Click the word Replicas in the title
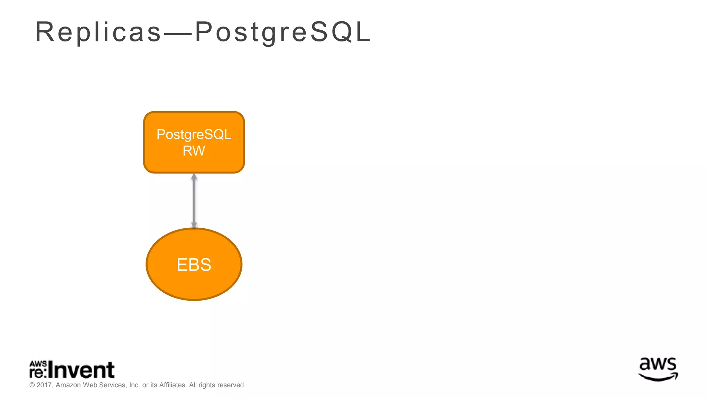coord(98,32)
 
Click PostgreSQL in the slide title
coord(283,32)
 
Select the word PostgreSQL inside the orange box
coord(194,134)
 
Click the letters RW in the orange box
coord(194,151)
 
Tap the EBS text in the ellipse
coord(194,265)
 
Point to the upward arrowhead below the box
coord(194,177)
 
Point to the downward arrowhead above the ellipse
coord(194,225)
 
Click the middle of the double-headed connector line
coord(194,201)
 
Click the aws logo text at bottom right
coord(658,365)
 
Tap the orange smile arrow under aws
coord(658,377)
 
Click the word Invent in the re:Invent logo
coord(81,370)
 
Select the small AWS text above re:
coord(38,364)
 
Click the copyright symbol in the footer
coord(32,385)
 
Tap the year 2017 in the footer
coord(44,385)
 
